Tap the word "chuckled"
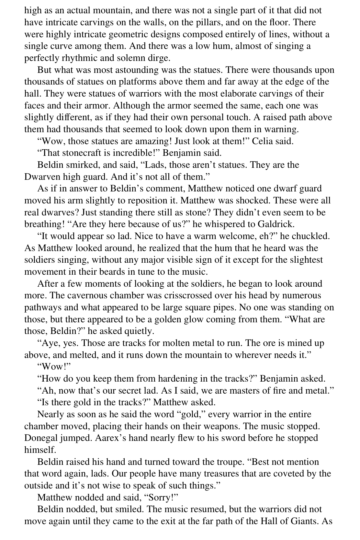(310, 236)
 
